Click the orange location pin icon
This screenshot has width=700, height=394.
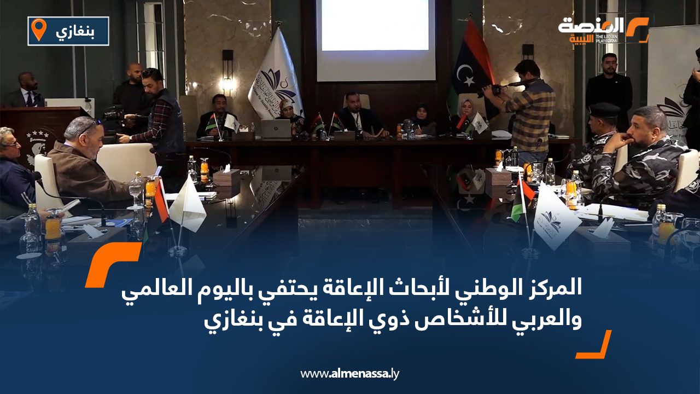[x=38, y=30]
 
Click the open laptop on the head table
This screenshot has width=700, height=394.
[x=276, y=129]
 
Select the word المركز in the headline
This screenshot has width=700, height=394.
[x=553, y=289]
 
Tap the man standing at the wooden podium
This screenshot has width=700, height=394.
[x=28, y=90]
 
